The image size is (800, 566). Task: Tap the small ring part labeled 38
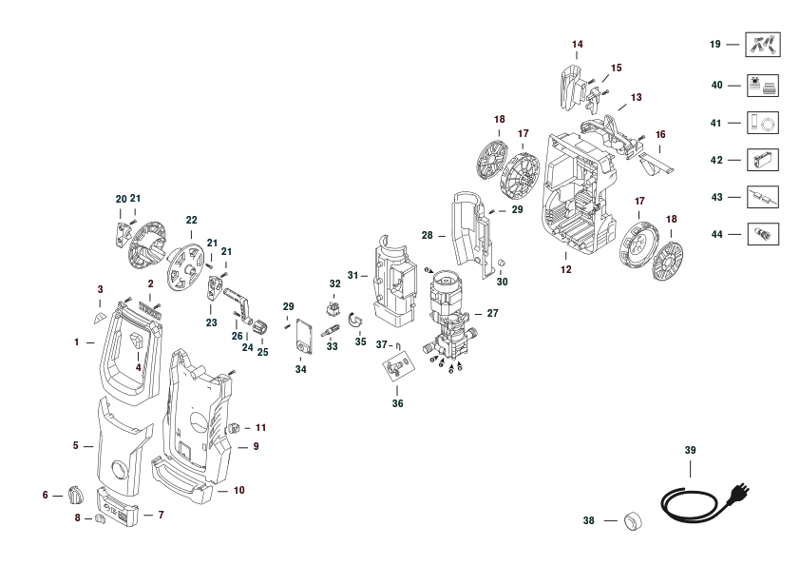(633, 521)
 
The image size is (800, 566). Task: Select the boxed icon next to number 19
(763, 45)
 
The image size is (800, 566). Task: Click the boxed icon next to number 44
(763, 234)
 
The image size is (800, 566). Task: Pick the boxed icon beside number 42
(763, 160)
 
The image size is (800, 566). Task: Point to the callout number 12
(566, 270)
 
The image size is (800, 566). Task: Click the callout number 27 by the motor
(492, 313)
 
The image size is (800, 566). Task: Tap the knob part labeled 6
(75, 495)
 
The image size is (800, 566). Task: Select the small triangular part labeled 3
(100, 319)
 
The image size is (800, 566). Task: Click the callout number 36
(397, 403)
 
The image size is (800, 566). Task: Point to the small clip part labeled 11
(234, 427)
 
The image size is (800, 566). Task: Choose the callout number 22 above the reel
(191, 220)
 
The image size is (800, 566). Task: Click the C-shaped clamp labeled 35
(354, 321)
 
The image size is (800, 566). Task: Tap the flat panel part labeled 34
(304, 336)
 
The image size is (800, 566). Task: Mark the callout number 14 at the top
(577, 45)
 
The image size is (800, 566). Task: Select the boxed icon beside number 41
(763, 123)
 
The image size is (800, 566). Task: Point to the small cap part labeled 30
(501, 263)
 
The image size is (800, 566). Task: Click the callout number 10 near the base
(239, 491)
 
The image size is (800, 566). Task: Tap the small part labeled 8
(100, 519)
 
